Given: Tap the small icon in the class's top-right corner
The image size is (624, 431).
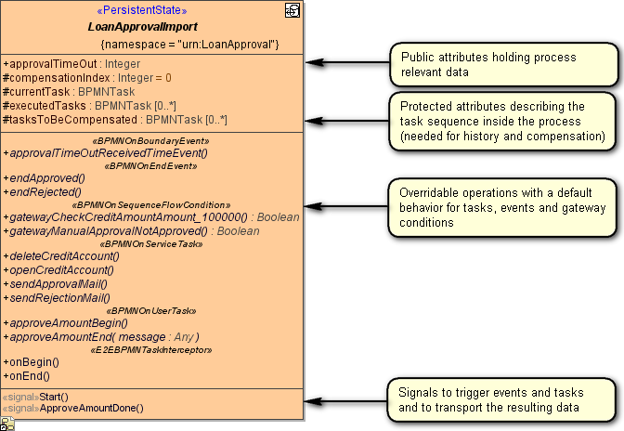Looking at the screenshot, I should point(292,10).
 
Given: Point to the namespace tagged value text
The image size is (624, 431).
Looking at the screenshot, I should point(189,44).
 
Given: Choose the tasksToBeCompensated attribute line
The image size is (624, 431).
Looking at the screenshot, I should point(115,120).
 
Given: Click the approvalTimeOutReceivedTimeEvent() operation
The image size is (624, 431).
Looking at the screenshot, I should point(105,152).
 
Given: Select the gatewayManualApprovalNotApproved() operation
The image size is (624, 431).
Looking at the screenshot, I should point(131,231).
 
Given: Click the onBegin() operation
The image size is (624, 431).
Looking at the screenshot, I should point(31,362).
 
